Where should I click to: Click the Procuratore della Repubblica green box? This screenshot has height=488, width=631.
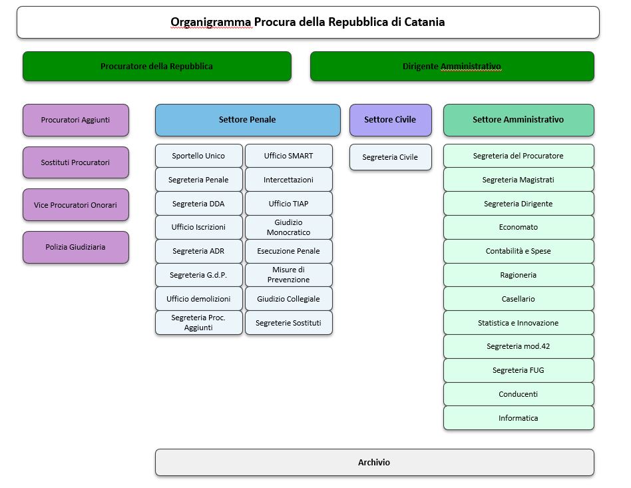tap(157, 67)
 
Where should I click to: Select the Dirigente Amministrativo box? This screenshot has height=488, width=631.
tap(452, 67)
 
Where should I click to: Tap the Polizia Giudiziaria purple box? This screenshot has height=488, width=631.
tap(75, 247)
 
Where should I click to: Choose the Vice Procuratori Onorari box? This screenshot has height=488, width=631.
tap(75, 205)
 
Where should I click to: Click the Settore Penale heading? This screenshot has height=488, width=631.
tap(247, 120)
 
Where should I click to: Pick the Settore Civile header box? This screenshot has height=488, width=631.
tap(390, 120)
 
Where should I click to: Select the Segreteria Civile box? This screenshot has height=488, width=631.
tap(390, 157)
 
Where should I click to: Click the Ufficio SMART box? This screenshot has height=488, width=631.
tap(288, 156)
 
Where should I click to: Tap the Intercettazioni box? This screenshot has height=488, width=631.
tap(288, 180)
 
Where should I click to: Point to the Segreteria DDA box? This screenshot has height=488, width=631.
tap(198, 204)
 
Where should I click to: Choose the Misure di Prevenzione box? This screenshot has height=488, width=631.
tap(288, 274)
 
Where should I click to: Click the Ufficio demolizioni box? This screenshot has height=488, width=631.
tap(198, 299)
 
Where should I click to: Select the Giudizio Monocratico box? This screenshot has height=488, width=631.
tap(288, 227)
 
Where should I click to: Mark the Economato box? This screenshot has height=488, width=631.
tap(519, 227)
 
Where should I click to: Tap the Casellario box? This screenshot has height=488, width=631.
tap(519, 299)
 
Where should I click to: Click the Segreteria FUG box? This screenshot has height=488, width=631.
tap(519, 370)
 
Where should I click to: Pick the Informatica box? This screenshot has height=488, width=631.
tap(519, 418)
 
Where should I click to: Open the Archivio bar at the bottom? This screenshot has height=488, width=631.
tap(374, 462)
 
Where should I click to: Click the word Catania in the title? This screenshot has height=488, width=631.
tap(423, 22)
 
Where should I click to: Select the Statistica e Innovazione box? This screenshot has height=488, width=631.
tap(519, 323)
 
